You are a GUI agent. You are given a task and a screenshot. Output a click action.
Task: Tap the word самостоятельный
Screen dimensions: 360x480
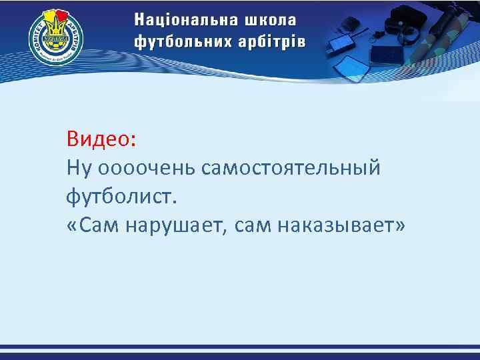tap(289, 168)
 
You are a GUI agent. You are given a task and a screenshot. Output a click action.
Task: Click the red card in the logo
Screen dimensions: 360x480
tap(63, 14)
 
